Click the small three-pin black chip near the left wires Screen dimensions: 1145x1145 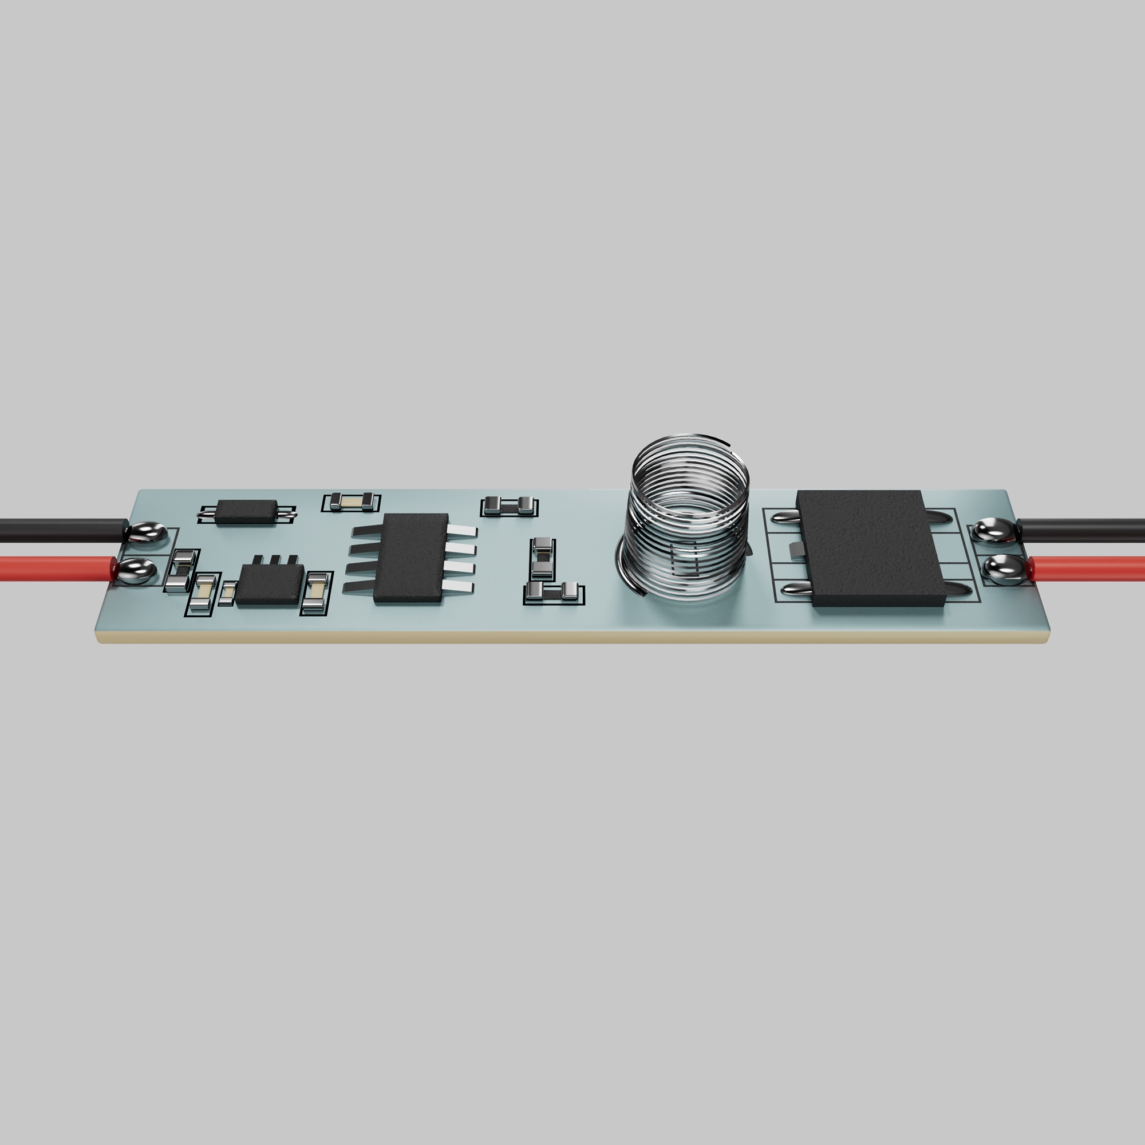(x=270, y=584)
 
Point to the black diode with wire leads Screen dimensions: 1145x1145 (x=247, y=511)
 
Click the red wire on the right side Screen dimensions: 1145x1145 (x=1091, y=569)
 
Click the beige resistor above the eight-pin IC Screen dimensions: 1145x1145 (x=352, y=502)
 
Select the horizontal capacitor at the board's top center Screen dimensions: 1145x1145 (x=508, y=506)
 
